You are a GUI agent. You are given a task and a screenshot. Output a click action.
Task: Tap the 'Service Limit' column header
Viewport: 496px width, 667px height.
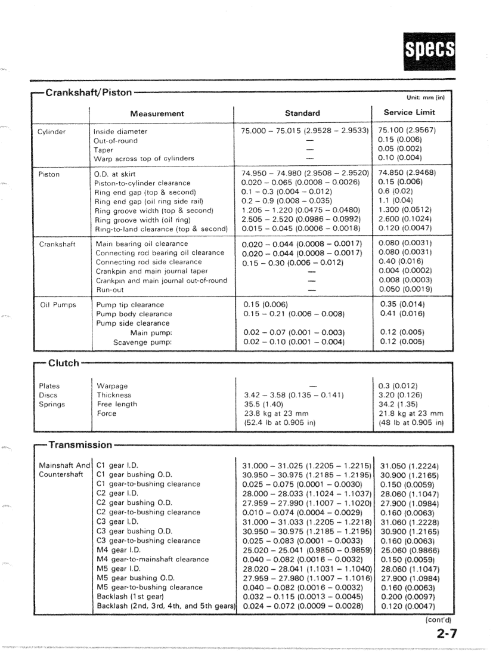coord(409,113)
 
